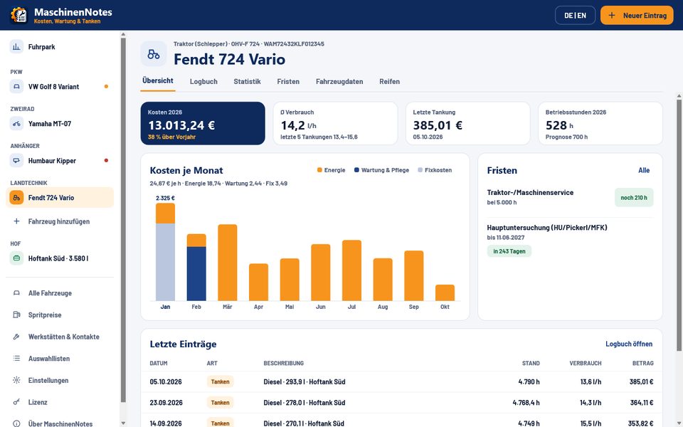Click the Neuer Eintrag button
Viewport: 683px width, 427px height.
tap(636, 15)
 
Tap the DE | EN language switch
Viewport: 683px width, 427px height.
tap(575, 15)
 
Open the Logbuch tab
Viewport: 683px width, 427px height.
tap(203, 81)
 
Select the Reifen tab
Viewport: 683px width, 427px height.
tap(389, 81)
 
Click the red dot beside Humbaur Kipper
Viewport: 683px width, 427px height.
tap(106, 160)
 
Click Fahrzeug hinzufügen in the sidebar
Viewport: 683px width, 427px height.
tap(60, 221)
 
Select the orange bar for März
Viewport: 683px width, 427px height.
tap(228, 263)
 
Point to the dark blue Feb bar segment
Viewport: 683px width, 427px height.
tap(196, 273)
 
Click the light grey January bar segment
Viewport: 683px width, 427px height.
tap(166, 262)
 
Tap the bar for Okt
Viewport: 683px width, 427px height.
tap(445, 292)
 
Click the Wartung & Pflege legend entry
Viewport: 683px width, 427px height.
tap(381, 170)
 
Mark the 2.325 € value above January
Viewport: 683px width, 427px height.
tap(166, 198)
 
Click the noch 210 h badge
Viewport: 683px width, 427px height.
tap(634, 197)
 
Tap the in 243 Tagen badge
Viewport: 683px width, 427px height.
tap(509, 251)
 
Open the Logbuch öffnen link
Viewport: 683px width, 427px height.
tap(629, 344)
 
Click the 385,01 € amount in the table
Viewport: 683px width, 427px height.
tap(641, 381)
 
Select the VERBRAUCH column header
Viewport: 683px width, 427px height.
tap(586, 363)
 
